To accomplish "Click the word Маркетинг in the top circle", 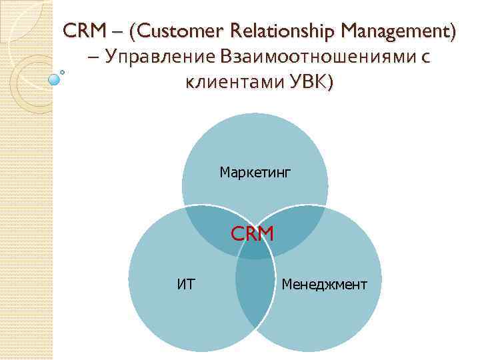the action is tap(255, 173).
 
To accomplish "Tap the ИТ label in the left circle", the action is tap(186, 285).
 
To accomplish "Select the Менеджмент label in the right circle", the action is tap(324, 285).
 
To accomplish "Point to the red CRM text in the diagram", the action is tap(252, 234).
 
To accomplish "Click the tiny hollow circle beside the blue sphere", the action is tap(62, 71).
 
